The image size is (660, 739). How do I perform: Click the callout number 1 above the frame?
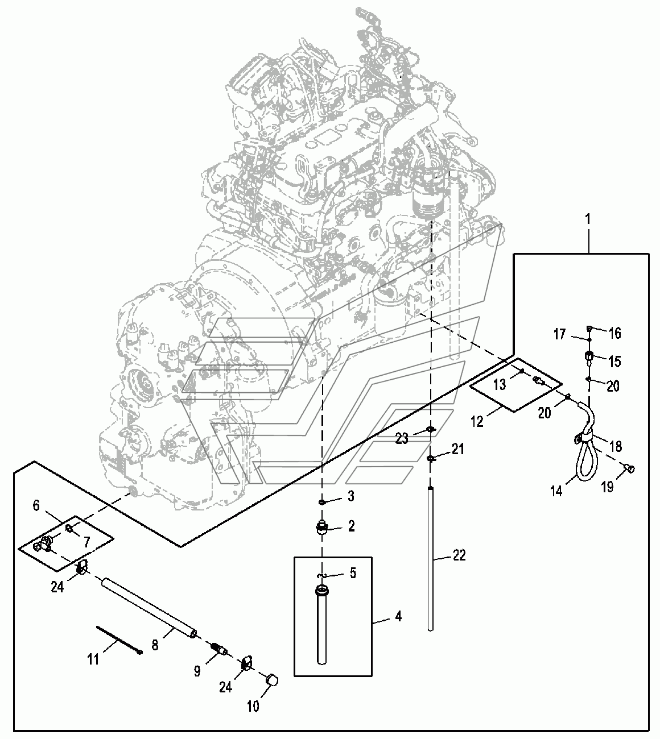[588, 219]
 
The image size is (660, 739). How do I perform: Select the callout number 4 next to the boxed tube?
[399, 616]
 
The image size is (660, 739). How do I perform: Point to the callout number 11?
[93, 659]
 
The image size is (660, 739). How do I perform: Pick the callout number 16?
[615, 333]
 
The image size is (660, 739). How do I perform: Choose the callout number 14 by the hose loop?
[556, 491]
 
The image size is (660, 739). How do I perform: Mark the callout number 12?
[477, 421]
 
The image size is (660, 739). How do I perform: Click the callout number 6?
[36, 506]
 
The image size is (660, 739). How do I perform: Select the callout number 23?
[402, 438]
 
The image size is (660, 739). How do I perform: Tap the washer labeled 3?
[323, 503]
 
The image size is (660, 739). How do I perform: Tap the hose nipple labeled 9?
[220, 650]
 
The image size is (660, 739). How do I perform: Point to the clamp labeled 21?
[431, 458]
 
